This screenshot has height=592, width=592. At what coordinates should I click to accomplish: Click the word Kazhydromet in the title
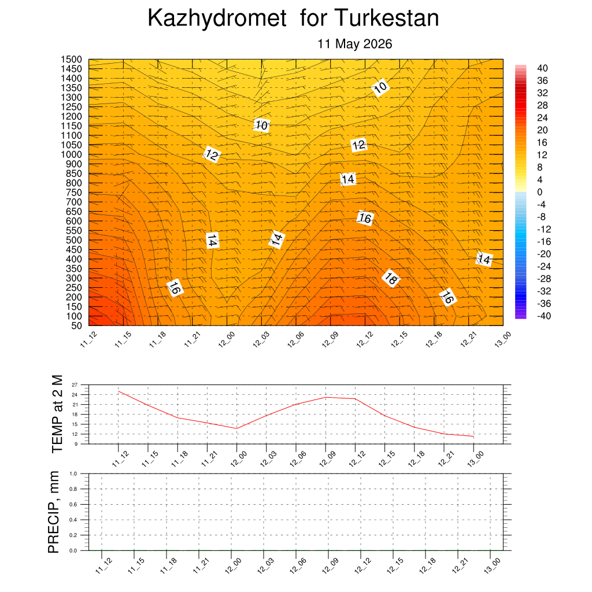pos(217,18)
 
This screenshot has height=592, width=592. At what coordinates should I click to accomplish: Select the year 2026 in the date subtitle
pos(378,44)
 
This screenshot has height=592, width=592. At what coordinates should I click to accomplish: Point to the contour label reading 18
pos(390,279)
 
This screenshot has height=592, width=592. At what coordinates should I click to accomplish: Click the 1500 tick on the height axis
pos(71,60)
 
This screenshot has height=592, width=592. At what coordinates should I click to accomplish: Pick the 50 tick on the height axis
pos(76,325)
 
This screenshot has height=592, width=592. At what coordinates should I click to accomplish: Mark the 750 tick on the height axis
pos(74,193)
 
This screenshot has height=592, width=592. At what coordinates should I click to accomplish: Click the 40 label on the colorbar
pos(542,68)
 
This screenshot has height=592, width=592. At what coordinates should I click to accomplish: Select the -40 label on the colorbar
pos(544,316)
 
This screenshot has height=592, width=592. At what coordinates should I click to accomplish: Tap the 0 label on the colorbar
pos(540,192)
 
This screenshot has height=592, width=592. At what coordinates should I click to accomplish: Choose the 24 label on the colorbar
pos(542,118)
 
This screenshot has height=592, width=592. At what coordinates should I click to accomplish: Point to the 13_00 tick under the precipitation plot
pos(492,565)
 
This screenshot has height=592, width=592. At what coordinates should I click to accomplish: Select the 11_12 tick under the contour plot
pos(88,339)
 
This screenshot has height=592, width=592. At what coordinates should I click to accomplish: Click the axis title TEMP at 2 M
pos(57,414)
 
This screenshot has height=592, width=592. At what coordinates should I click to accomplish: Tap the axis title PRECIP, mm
pos(54,512)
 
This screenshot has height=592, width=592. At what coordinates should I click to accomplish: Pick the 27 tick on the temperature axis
pos(75,384)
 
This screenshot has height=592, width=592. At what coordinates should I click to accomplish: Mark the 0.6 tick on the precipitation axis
pos(73,504)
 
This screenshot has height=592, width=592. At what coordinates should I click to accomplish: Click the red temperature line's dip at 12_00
pos(236,428)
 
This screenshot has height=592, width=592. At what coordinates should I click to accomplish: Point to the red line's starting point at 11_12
pos(119,391)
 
